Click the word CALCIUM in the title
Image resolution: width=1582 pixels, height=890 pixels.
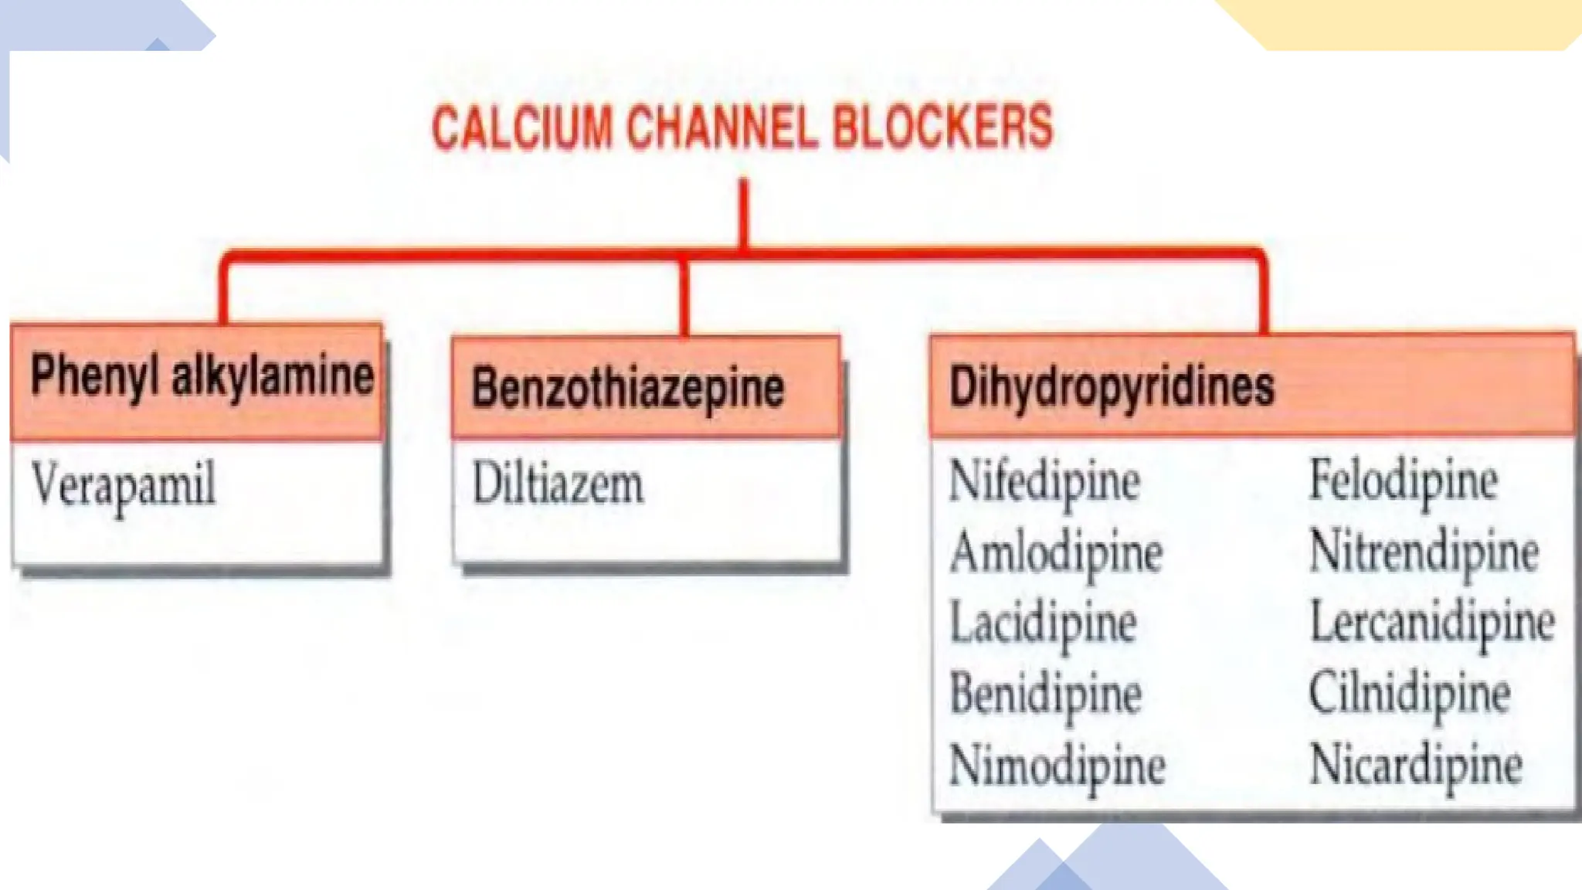(521, 127)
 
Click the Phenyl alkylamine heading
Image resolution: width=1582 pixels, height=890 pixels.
(202, 376)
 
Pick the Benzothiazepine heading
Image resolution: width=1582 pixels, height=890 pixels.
(628, 388)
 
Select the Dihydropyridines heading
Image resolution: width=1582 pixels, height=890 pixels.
(1112, 386)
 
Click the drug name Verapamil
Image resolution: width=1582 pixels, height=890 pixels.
(124, 485)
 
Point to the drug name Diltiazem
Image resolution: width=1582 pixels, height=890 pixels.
(557, 484)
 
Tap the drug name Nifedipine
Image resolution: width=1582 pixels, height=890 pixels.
(1044, 481)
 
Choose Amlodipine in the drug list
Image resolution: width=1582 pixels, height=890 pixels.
(1056, 553)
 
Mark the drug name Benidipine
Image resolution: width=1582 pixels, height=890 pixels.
(1046, 694)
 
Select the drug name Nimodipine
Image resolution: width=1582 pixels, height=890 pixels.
(1057, 766)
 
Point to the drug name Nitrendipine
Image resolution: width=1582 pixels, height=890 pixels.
(1424, 552)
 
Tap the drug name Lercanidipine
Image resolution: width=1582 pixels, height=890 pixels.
(1432, 622)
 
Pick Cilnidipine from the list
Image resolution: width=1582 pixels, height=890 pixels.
(1410, 693)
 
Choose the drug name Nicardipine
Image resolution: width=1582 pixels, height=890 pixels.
(1416, 765)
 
